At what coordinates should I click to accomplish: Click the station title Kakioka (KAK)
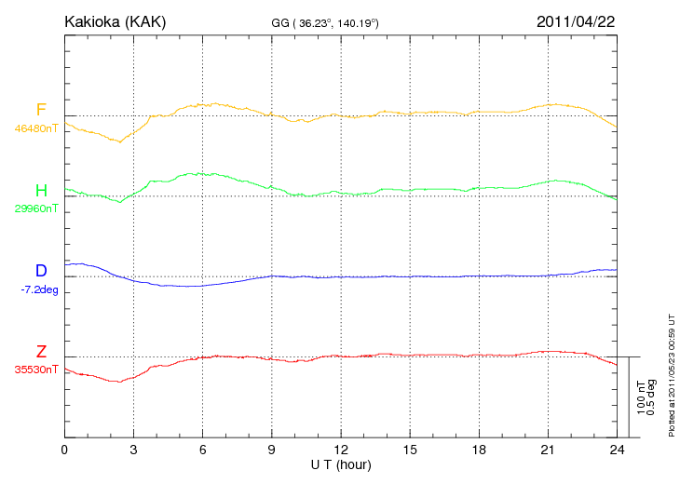click(x=115, y=21)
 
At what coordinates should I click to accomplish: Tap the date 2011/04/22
click(x=575, y=21)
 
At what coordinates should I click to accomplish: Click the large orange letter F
click(x=41, y=111)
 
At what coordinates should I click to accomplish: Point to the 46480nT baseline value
click(x=35, y=128)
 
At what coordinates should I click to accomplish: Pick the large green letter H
click(x=41, y=191)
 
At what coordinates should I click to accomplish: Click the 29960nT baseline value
click(x=35, y=208)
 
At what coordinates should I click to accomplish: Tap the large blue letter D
click(x=41, y=271)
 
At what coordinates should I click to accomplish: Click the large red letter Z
click(x=41, y=352)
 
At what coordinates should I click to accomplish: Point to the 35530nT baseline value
click(x=35, y=370)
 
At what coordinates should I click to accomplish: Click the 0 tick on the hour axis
click(x=64, y=450)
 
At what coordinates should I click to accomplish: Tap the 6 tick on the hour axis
click(x=203, y=450)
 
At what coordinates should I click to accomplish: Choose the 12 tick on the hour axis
click(x=341, y=450)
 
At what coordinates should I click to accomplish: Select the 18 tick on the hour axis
click(x=479, y=450)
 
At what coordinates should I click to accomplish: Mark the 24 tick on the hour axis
click(x=617, y=450)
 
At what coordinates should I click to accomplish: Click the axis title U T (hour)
click(x=341, y=464)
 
